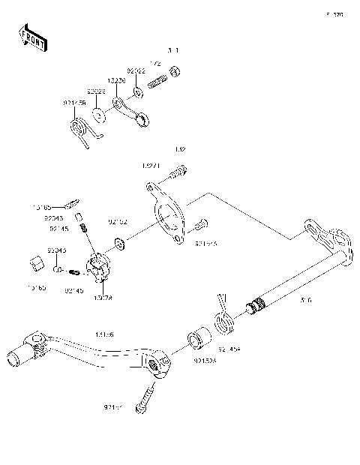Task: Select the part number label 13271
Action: pyautogui.click(x=151, y=165)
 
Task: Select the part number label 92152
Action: pyautogui.click(x=118, y=221)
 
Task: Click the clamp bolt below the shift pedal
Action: pyautogui.click(x=145, y=395)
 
